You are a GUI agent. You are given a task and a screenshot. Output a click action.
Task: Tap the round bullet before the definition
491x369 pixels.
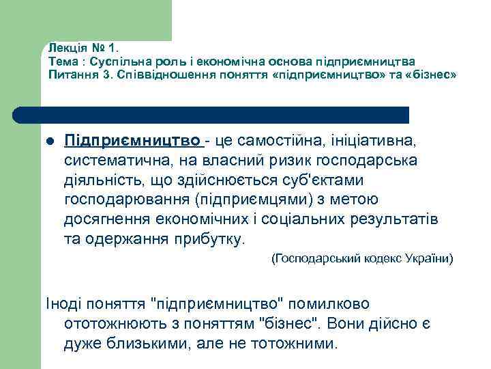pos(50,141)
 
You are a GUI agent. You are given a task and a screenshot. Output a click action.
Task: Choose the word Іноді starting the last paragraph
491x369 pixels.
pos(65,303)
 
